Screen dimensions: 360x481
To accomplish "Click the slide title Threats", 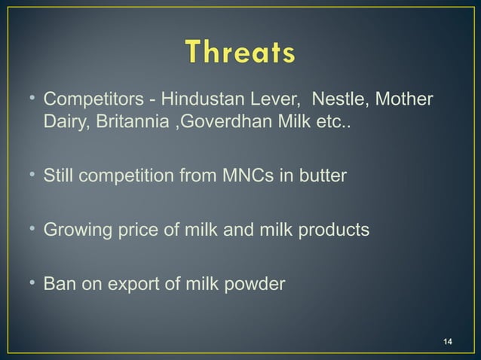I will [240, 53].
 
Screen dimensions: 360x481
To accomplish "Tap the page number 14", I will [448, 343].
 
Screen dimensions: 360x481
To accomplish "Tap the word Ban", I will [58, 284].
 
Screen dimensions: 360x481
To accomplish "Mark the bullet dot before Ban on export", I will [32, 284].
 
